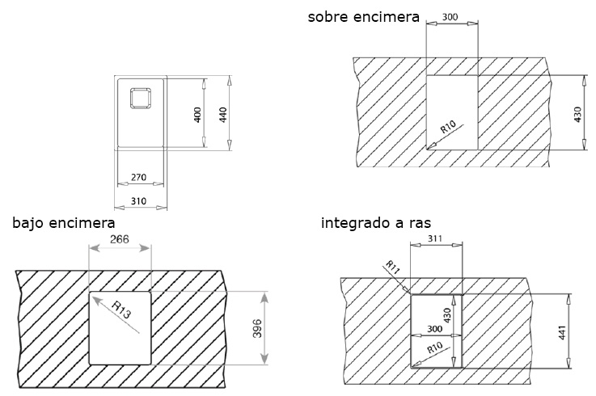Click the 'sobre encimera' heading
coord(363,16)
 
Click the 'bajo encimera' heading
coord(63,222)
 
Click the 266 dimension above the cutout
coord(118,240)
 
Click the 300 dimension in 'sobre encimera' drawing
coord(451,17)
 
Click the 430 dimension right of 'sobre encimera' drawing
coord(577,114)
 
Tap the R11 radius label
coord(393,268)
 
